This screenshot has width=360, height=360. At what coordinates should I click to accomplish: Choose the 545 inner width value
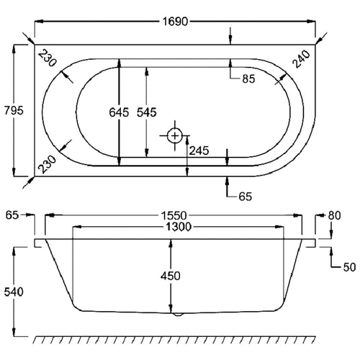coord(164,114)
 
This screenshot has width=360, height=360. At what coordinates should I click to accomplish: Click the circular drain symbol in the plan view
coord(174,135)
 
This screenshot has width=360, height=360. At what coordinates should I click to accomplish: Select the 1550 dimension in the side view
coord(174,215)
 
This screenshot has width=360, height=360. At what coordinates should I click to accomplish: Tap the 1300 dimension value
coord(174,227)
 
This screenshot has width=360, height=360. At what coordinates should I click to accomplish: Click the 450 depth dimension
coord(171,276)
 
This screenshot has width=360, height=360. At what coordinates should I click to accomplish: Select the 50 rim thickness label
coord(349,267)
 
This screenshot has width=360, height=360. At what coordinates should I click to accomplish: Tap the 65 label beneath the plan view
coord(246,194)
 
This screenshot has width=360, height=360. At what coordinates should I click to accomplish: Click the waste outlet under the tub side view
coord(177,314)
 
